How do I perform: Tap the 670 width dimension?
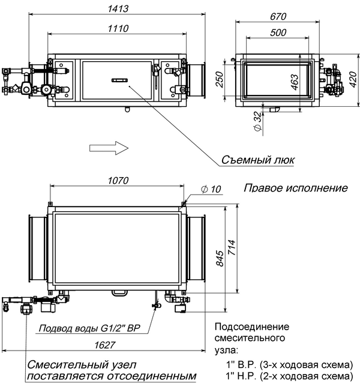[277, 16]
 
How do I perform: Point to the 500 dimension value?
[277, 34]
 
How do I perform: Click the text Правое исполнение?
[295, 188]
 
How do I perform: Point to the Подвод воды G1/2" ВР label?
[89, 328]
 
